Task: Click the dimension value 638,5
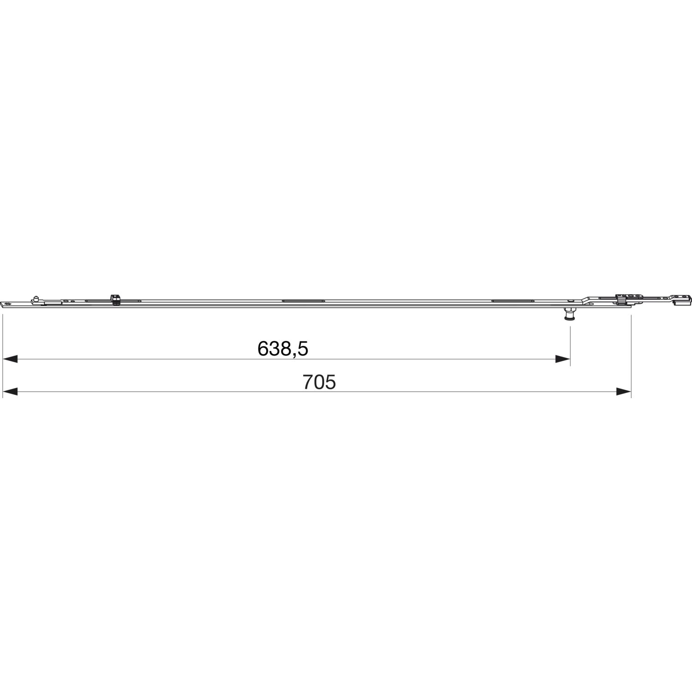tap(282, 349)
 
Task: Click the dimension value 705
tap(319, 382)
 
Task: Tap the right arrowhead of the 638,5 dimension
tap(562, 359)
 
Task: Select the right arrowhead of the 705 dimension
tap(623, 392)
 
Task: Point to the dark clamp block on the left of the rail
tap(115, 299)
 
